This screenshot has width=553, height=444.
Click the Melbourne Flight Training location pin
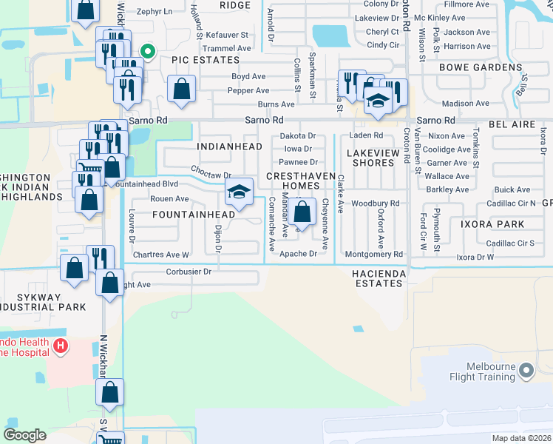(x=526, y=369)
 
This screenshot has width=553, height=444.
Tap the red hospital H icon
(x=61, y=345)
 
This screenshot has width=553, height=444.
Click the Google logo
(x=24, y=434)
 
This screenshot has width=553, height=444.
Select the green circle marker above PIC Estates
(x=147, y=51)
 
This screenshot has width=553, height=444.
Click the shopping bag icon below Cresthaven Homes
(x=302, y=212)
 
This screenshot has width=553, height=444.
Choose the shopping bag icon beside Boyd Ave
(x=181, y=89)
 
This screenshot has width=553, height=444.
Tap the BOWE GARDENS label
(x=481, y=67)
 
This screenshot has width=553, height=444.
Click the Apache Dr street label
(x=299, y=254)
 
